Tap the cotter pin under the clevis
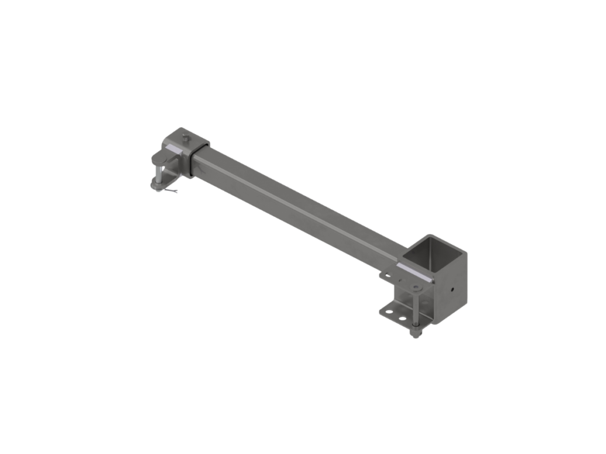click(172, 190)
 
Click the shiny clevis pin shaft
click(159, 174)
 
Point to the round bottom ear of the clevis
click(156, 184)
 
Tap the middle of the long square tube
click(296, 201)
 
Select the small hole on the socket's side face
click(452, 290)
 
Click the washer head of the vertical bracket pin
click(416, 287)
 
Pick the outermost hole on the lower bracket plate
click(389, 312)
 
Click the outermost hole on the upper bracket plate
click(388, 274)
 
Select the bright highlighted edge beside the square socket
click(414, 272)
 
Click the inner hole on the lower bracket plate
click(402, 318)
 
